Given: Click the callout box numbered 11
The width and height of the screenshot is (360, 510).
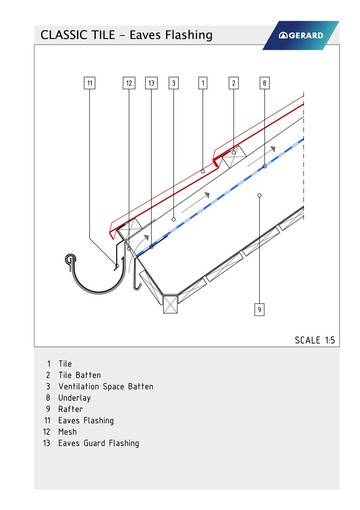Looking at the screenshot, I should pyautogui.click(x=89, y=83).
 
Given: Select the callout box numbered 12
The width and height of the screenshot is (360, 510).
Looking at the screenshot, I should pyautogui.click(x=129, y=83).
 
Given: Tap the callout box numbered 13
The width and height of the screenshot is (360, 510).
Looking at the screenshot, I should pyautogui.click(x=151, y=83).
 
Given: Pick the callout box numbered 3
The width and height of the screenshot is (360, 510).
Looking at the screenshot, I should pyautogui.click(x=174, y=83).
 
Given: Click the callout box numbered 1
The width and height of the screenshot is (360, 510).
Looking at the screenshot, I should pyautogui.click(x=203, y=83).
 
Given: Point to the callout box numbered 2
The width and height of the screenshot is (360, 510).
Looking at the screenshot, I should pyautogui.click(x=233, y=83).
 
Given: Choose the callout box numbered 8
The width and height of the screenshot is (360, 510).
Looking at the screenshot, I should pyautogui.click(x=264, y=83).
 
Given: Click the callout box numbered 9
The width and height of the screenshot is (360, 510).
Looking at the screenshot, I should pyautogui.click(x=259, y=310).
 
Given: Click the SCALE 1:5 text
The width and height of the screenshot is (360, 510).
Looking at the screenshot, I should pyautogui.click(x=314, y=340).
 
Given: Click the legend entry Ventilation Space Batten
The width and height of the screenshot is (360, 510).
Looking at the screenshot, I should pyautogui.click(x=105, y=386).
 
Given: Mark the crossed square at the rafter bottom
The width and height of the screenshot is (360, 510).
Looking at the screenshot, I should pyautogui.click(x=169, y=301).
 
